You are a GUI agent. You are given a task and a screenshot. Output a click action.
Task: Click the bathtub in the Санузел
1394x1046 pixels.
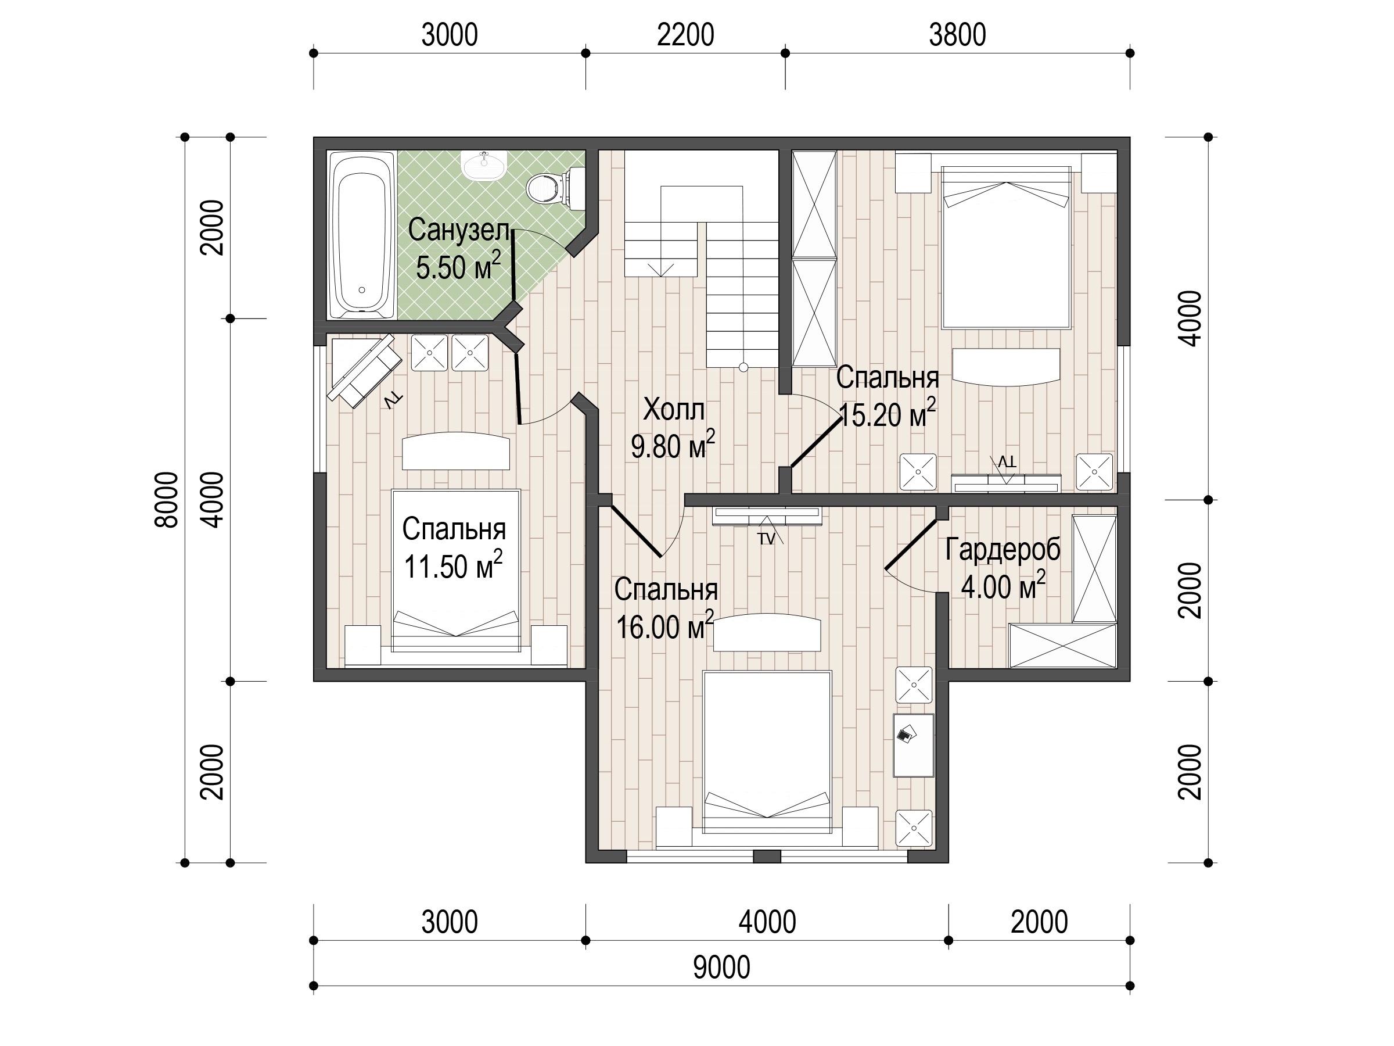(x=362, y=235)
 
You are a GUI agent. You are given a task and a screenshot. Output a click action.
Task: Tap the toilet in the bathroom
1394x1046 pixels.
(x=555, y=187)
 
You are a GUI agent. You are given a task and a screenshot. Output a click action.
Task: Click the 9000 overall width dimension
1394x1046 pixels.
(x=721, y=967)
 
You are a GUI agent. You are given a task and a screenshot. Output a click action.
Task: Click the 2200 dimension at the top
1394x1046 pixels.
(x=685, y=35)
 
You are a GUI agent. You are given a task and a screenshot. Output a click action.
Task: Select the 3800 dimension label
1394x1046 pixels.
(x=957, y=35)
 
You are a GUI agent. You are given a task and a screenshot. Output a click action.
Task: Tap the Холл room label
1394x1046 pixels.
(x=674, y=410)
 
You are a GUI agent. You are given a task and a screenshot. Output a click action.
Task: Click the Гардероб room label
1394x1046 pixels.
(x=1003, y=550)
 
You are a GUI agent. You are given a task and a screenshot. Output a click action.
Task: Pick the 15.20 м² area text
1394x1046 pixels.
(x=888, y=414)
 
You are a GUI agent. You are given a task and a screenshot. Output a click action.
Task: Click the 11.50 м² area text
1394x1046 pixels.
(x=453, y=565)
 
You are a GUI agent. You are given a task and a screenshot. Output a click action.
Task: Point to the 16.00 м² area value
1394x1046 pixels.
(x=665, y=626)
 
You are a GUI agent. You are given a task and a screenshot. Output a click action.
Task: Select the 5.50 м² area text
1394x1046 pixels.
(x=459, y=267)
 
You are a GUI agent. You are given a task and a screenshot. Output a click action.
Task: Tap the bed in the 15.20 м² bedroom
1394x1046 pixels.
(x=1007, y=247)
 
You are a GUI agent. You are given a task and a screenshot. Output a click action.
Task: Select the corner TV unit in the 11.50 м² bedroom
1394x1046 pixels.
(x=364, y=371)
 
